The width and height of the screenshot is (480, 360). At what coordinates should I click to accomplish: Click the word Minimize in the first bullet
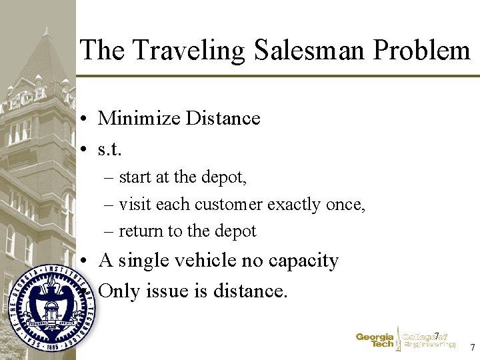139,119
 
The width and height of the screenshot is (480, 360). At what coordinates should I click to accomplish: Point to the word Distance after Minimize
223,119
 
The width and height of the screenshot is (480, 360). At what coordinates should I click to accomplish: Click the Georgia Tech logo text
375,341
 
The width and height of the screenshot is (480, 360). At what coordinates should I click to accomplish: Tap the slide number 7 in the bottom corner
472,347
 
